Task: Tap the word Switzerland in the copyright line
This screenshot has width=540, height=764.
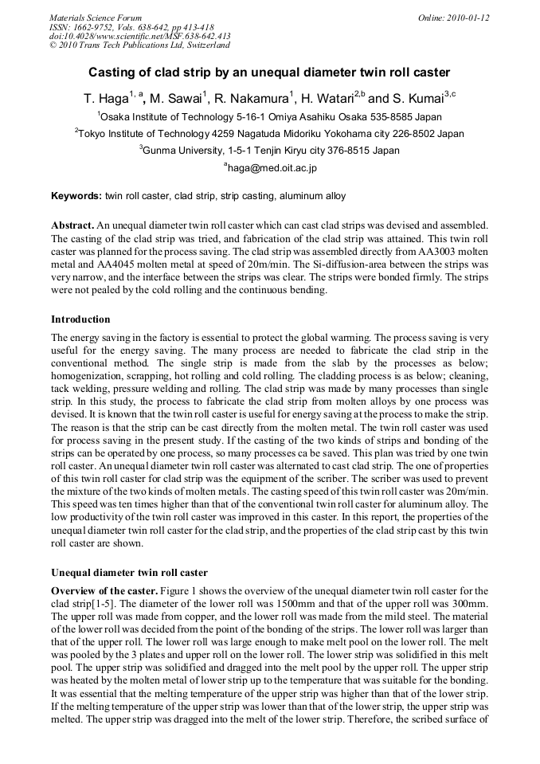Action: click(x=201, y=45)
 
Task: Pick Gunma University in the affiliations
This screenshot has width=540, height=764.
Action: click(x=182, y=150)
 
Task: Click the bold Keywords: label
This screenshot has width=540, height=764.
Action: click(x=76, y=196)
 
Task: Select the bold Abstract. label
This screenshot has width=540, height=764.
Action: click(x=73, y=226)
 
